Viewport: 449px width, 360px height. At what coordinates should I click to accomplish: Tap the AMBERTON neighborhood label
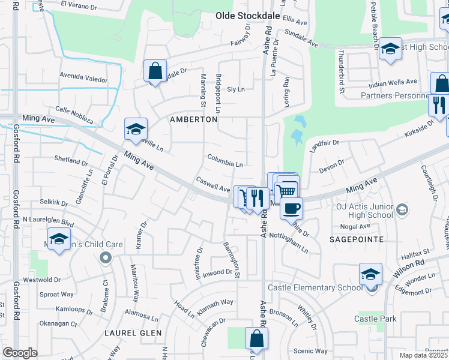coord(193,119)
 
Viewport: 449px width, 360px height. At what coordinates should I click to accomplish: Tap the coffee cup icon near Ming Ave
coord(292,208)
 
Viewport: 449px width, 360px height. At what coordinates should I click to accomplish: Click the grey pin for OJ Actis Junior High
coord(402,209)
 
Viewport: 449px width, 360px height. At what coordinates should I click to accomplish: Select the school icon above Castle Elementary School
coord(370,275)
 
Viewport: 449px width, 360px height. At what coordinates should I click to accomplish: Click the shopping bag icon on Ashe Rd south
coord(256,338)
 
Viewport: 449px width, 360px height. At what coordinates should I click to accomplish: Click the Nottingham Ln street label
coord(289,241)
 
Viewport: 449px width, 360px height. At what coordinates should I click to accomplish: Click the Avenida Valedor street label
coord(83,79)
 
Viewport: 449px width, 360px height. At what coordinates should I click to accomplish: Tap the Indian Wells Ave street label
coord(394,81)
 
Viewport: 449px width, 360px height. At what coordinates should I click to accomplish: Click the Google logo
coord(20,353)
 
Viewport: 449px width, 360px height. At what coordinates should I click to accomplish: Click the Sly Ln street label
coord(236,89)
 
